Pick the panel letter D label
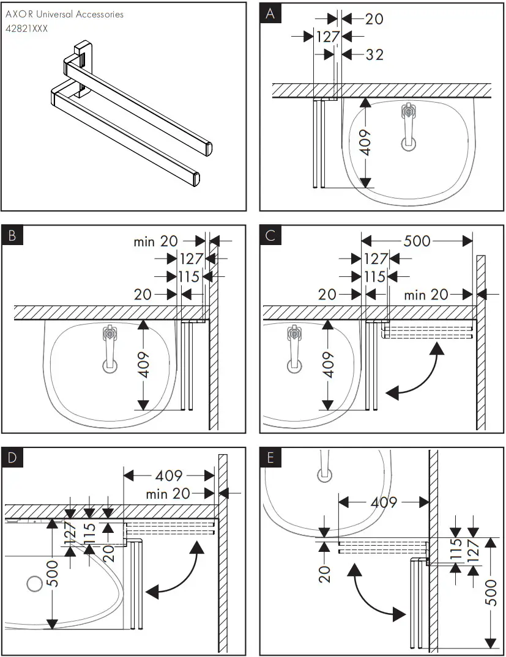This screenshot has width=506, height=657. coord(12,457)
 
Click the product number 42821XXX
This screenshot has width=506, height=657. coord(26,28)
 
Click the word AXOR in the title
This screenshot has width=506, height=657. coord(18,13)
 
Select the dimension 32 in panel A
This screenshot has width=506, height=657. coord(374,54)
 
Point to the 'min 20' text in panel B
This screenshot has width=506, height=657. coord(155,241)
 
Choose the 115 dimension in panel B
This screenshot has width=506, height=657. coord(189,276)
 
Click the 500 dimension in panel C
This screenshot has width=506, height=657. coord(417,240)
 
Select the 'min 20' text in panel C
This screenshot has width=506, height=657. coord(426,295)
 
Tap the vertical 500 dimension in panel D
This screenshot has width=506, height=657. coord(54,573)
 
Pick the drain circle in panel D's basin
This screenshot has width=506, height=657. coord(34,584)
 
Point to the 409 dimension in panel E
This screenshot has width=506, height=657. coord(384,502)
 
